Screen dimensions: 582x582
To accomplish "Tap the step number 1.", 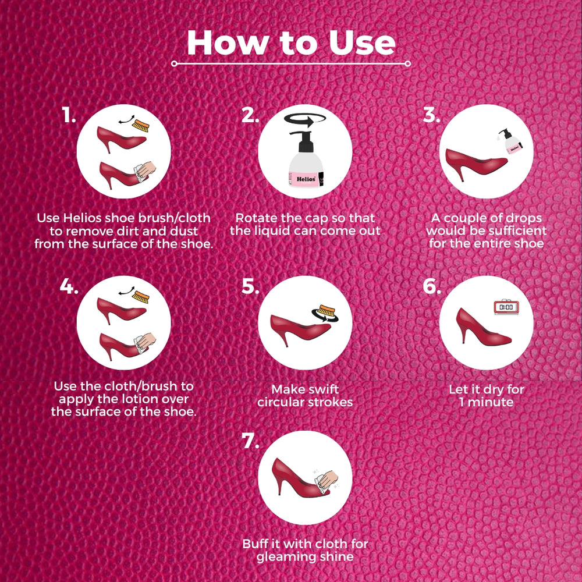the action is tap(69, 115).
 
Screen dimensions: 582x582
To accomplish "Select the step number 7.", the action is tap(250, 441).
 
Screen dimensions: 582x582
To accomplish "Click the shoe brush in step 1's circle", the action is tap(141, 126).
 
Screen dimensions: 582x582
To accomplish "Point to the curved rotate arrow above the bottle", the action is tap(305, 119).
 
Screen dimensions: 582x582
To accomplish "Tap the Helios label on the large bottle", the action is tap(306, 179).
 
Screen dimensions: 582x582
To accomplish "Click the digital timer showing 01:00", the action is tap(506, 307).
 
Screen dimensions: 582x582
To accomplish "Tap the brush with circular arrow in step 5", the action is tap(325, 313).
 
